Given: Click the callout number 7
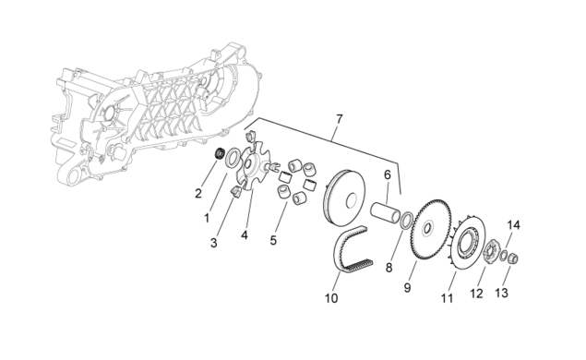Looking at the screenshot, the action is click(339, 119).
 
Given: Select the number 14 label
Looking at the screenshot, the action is click(513, 225).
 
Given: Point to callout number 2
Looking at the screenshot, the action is click(198, 193).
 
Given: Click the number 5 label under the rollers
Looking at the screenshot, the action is click(273, 240).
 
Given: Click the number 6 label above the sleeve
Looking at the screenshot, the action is click(388, 174).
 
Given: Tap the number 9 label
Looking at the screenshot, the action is click(407, 287).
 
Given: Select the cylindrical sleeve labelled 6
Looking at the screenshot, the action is click(386, 213).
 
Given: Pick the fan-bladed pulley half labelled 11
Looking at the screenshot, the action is click(466, 243).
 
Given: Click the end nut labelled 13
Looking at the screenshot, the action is click(514, 258).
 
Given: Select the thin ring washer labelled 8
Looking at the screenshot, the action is click(407, 221).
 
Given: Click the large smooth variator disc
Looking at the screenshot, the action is click(345, 198).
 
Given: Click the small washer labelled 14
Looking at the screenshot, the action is click(504, 256).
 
